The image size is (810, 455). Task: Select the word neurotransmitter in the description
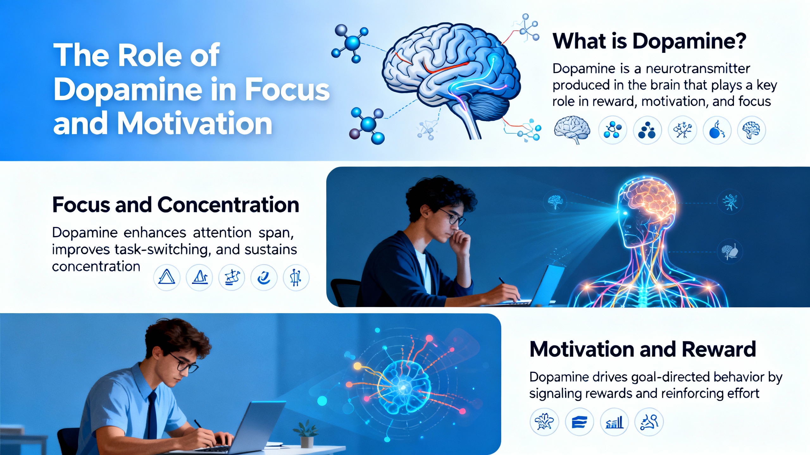point(697,69)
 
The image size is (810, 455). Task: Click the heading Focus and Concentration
point(176,205)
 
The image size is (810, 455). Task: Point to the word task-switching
point(161,250)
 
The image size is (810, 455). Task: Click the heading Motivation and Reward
point(642,349)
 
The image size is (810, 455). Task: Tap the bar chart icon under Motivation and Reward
point(614,422)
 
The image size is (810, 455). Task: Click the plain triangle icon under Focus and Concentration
point(166,277)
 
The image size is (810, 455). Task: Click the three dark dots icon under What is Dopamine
point(647,130)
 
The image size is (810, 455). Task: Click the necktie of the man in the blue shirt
point(153,414)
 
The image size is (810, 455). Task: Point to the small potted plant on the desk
point(306,433)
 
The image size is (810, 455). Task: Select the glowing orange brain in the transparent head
point(649,202)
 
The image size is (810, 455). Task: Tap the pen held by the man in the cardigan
point(503,281)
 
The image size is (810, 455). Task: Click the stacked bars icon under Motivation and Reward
point(579,422)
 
